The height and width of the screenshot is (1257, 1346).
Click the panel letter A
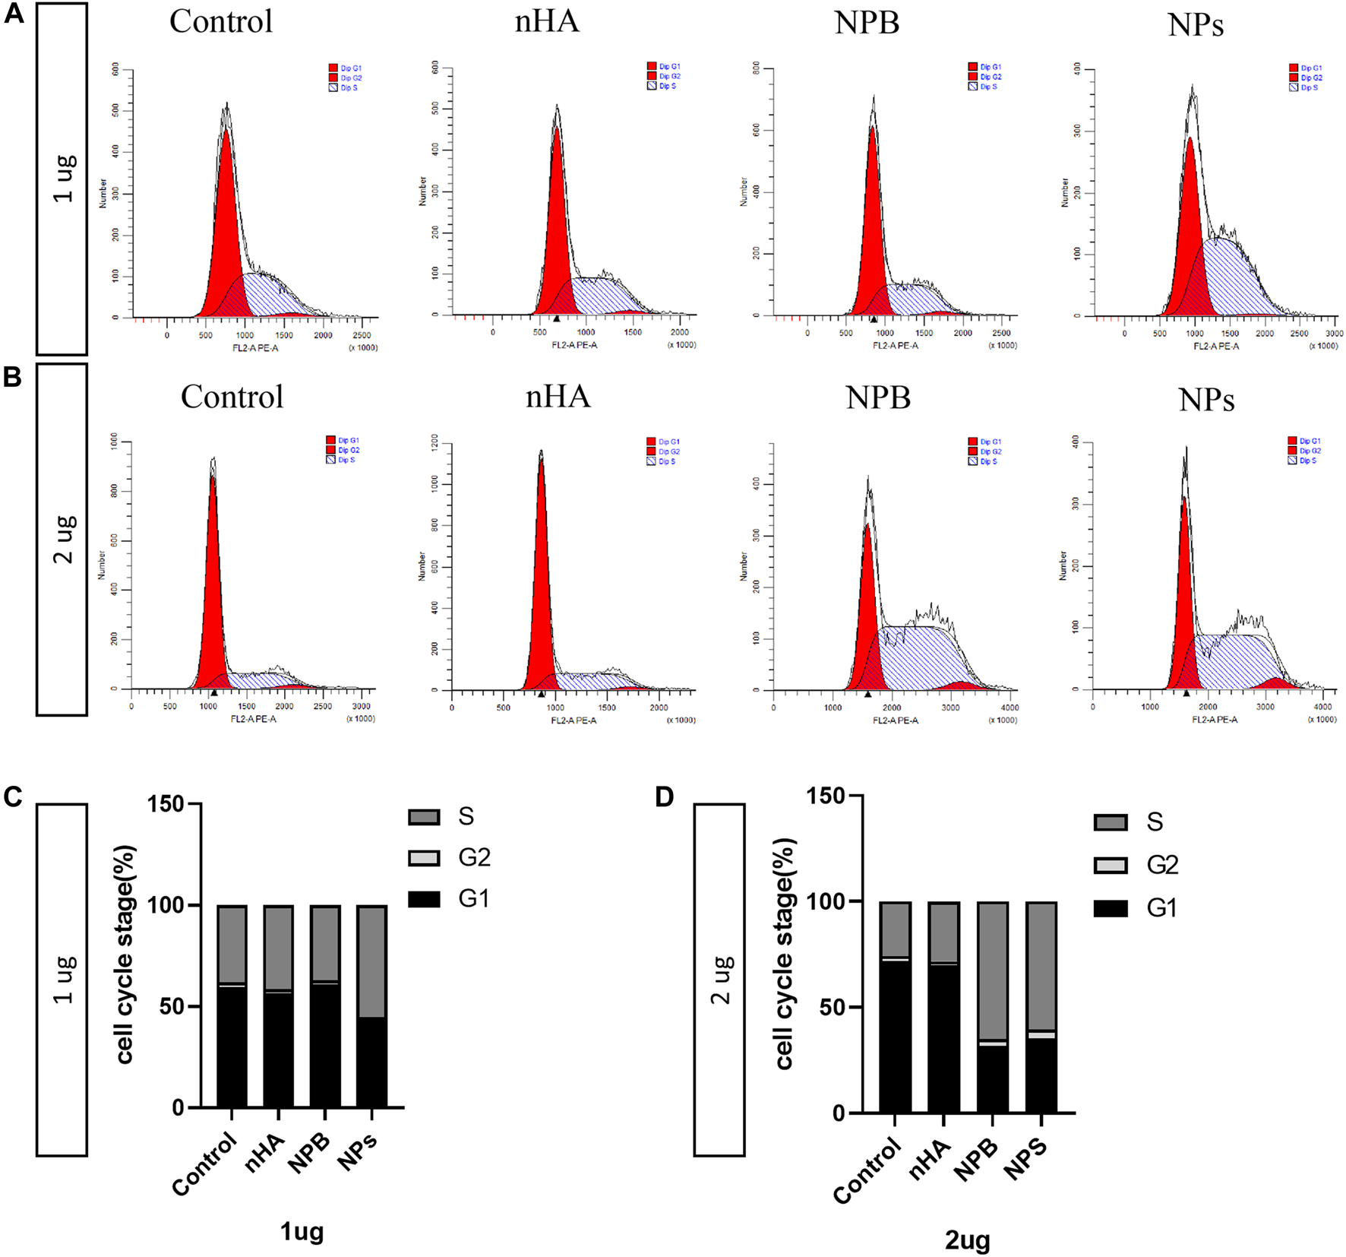pos(14,14)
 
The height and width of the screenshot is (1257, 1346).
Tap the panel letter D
pos(664,797)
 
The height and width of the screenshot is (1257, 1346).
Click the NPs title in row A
pos(1195,24)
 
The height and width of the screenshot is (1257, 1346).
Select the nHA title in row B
pos(558,396)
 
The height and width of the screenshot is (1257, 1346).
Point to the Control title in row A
pos(221,21)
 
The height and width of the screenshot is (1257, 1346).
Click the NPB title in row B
pos(877,397)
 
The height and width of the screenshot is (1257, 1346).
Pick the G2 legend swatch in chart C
pos(424,858)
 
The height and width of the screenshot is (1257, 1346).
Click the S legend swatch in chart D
pos(1110,822)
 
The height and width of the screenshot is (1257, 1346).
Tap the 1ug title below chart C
pos(302,1230)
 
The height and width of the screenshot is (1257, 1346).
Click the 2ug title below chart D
pos(967,1240)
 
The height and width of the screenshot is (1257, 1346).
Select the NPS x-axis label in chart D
pos(1026,1160)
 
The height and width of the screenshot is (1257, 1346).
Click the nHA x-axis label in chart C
pos(265,1153)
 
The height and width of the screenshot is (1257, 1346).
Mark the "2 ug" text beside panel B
pos(64,539)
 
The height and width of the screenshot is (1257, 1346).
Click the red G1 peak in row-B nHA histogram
pos(541,593)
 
